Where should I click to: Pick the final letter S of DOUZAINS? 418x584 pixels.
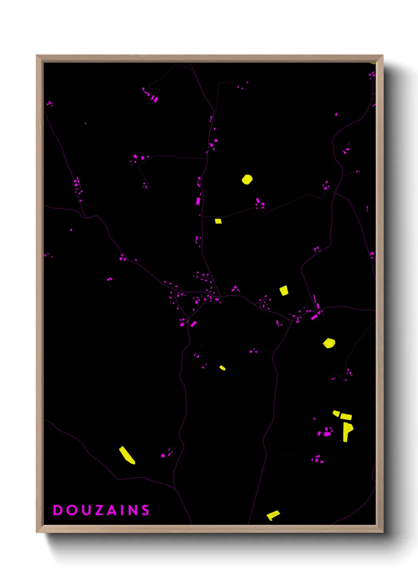coord(146,510)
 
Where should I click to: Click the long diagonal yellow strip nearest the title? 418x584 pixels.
coord(127,455)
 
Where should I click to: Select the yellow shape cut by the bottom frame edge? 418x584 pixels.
coord(273,515)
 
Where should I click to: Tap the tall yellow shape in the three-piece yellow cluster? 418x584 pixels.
coord(347,431)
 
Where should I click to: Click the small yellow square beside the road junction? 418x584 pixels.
coord(218,221)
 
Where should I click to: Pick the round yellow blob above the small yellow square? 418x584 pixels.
coord(247,180)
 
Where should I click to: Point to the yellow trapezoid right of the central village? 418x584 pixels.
coord(284,290)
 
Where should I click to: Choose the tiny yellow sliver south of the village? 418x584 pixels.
coord(222,368)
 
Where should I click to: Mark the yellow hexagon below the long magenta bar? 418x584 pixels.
coord(329,343)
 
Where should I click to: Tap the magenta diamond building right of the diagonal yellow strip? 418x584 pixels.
coord(163,456)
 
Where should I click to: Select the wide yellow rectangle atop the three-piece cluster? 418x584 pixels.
coord(346,416)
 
